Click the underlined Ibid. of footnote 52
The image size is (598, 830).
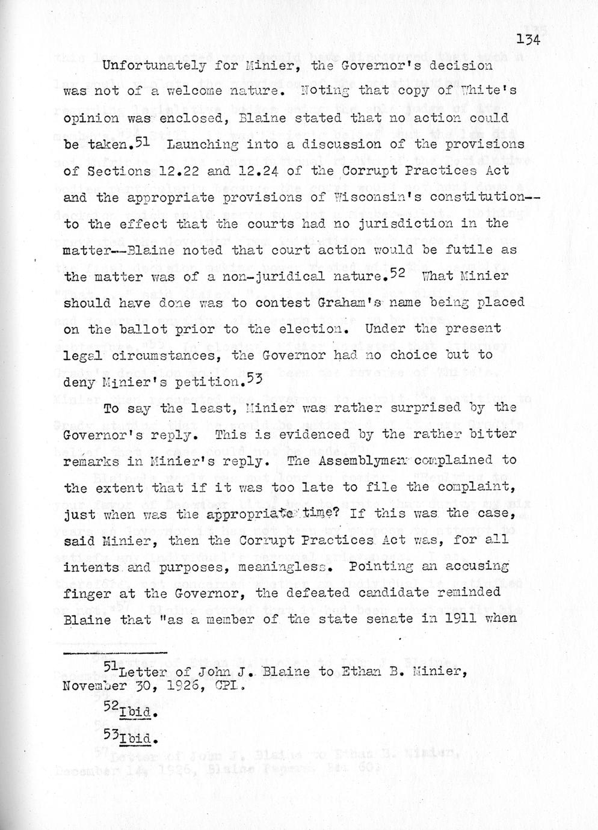pyautogui.click(x=138, y=714)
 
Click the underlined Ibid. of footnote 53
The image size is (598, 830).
pyautogui.click(x=138, y=739)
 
